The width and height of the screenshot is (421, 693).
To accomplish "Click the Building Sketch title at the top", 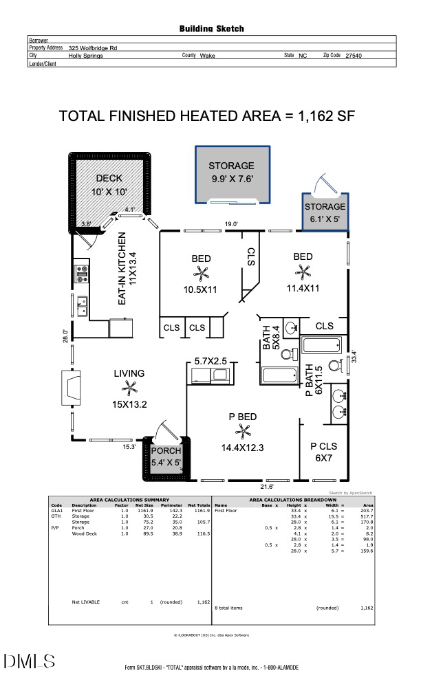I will (x=211, y=29).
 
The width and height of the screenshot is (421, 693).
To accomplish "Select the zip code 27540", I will (x=353, y=55).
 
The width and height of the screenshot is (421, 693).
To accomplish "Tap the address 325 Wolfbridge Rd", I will (x=92, y=48).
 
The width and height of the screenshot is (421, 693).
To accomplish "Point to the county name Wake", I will (x=207, y=55).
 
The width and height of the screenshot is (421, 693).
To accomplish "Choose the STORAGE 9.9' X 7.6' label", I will (x=232, y=172).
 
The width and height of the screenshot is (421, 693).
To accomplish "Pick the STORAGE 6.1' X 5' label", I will (x=325, y=212).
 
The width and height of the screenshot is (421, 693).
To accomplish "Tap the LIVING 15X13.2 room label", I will (x=129, y=388).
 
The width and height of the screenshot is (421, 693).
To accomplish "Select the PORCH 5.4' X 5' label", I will (x=166, y=456).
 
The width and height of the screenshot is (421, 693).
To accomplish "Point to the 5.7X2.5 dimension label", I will (x=210, y=360).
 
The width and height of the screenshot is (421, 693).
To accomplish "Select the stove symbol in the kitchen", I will (x=82, y=274).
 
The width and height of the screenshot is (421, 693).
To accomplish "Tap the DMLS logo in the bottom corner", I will (x=29, y=662).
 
